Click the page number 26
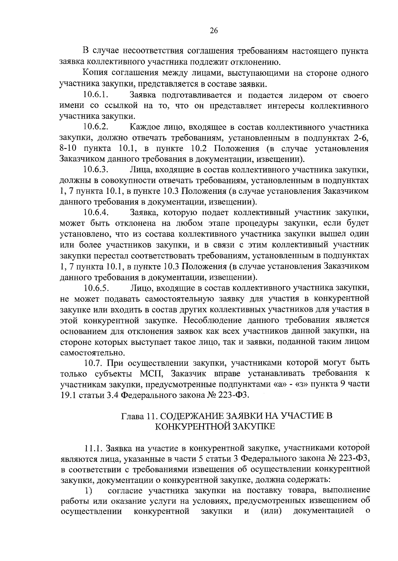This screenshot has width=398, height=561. pos(214,31)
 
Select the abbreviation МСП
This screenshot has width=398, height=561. pos(150,374)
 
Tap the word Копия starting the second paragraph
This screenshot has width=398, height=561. pos(94,73)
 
